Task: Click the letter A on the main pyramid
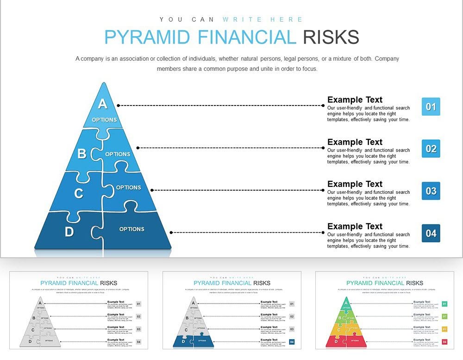tap(102, 104)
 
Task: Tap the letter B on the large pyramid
tap(81, 154)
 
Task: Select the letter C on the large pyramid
tap(79, 193)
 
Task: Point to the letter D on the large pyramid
tap(69, 232)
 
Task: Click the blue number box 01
tap(431, 107)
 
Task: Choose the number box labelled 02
tap(431, 149)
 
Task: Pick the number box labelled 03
tap(431, 191)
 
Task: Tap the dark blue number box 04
tap(431, 233)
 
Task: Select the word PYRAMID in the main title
tap(147, 37)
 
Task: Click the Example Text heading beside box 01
tap(355, 99)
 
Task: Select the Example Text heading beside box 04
tap(355, 226)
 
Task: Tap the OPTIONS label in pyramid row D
tap(131, 229)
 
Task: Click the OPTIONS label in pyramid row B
tap(118, 154)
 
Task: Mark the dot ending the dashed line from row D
tap(171, 233)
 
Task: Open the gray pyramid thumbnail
tap(79, 310)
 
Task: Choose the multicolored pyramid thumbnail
tap(384, 310)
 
